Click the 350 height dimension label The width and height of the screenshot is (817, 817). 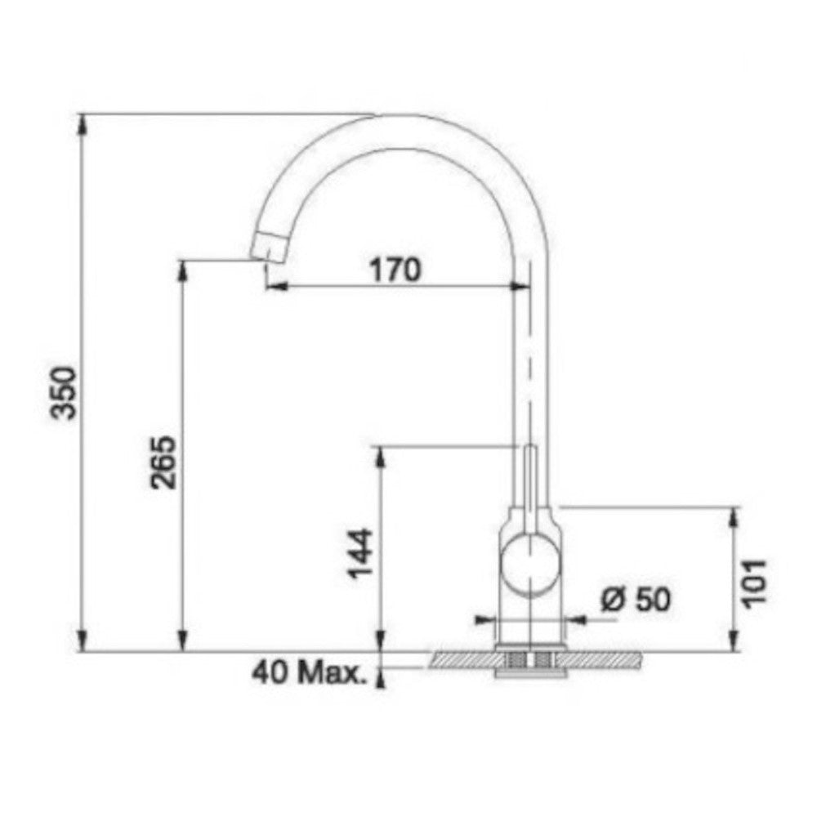[x=66, y=394]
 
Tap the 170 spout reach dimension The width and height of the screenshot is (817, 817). [x=395, y=270]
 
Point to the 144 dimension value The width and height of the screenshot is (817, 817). [x=360, y=553]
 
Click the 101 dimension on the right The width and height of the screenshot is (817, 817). [x=754, y=583]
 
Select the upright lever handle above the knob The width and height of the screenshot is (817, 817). [x=529, y=489]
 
